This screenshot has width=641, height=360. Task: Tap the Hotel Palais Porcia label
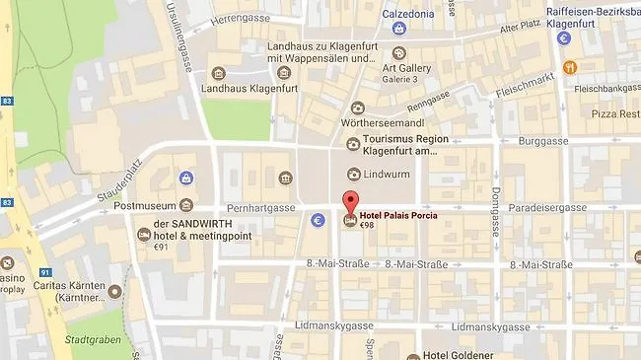pos(398,215)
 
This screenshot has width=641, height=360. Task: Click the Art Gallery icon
pos(398,53)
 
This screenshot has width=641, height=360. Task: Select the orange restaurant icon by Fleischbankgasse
pos(570,68)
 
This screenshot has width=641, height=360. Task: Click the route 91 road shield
pos(45,273)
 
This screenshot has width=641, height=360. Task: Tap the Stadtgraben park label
pos(88,337)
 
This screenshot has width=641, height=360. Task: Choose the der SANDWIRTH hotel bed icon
pos(144,234)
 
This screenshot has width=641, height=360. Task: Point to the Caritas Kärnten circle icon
pos(115,292)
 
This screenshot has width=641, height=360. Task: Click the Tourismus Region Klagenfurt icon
pos(353,144)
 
